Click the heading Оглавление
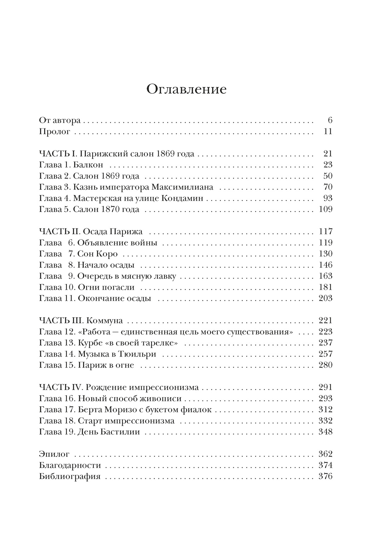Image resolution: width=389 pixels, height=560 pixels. (186, 89)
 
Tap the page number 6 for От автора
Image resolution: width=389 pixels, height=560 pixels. (330, 121)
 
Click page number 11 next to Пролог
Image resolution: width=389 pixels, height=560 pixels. (328, 132)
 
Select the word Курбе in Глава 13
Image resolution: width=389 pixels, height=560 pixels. (87, 343)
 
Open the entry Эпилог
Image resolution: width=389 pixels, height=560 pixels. (54, 454)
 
